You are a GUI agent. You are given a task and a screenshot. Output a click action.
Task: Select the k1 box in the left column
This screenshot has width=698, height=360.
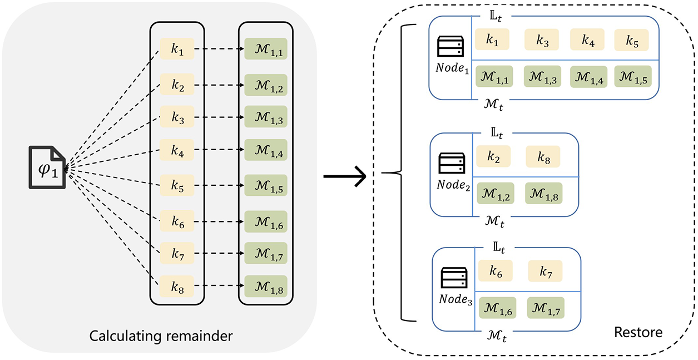point(177,48)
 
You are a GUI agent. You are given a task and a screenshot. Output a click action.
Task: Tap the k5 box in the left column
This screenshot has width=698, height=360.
point(177,185)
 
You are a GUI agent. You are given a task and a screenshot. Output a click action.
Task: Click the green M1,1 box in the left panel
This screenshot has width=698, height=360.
point(265,48)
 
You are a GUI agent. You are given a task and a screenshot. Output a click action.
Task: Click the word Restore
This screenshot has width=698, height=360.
point(638,333)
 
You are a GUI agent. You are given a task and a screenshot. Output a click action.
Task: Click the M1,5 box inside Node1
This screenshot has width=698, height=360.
point(632,76)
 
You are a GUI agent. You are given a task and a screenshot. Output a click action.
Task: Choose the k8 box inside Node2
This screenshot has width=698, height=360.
point(543,157)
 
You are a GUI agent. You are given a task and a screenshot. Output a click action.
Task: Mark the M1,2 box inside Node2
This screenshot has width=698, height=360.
point(494,193)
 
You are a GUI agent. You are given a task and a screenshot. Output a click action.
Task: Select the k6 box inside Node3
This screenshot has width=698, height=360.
point(496,271)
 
